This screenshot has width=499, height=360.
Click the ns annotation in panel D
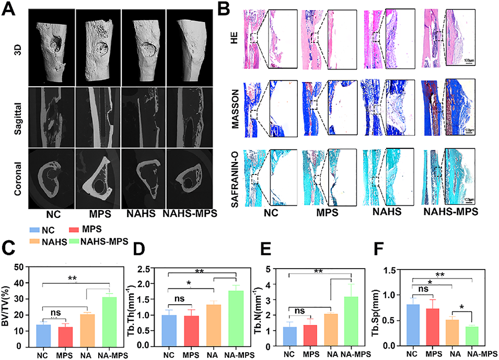coord(180,299)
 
